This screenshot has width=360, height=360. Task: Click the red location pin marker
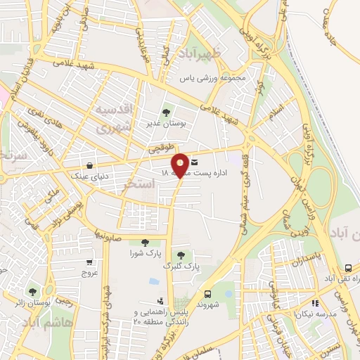(x=180, y=165)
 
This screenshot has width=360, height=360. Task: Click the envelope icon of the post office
(x=194, y=162)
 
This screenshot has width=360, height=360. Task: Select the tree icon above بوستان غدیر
(x=166, y=111)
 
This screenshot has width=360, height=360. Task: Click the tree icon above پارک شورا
(x=145, y=243)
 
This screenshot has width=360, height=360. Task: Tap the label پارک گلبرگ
(x=181, y=267)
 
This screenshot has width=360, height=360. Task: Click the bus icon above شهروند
(x=207, y=295)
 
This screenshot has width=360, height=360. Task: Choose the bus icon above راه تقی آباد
(x=348, y=269)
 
